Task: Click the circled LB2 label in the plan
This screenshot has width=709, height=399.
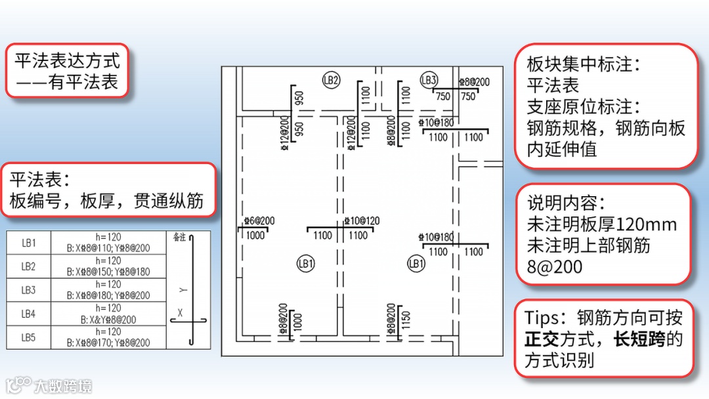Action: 331,80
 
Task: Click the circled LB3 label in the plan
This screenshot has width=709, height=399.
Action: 429,80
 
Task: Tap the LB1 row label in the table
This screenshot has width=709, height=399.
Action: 28,243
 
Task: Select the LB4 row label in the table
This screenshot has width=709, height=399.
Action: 28,314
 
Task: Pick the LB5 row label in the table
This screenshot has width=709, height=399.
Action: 28,337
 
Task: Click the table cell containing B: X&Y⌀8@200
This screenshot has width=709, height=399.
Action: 108,320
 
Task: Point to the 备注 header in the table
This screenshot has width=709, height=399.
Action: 179,237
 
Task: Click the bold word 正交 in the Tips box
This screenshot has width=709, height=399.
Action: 541,339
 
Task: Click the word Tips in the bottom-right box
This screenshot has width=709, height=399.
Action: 544,318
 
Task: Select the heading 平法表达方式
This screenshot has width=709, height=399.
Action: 68,61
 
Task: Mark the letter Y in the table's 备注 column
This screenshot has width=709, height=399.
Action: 183,289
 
